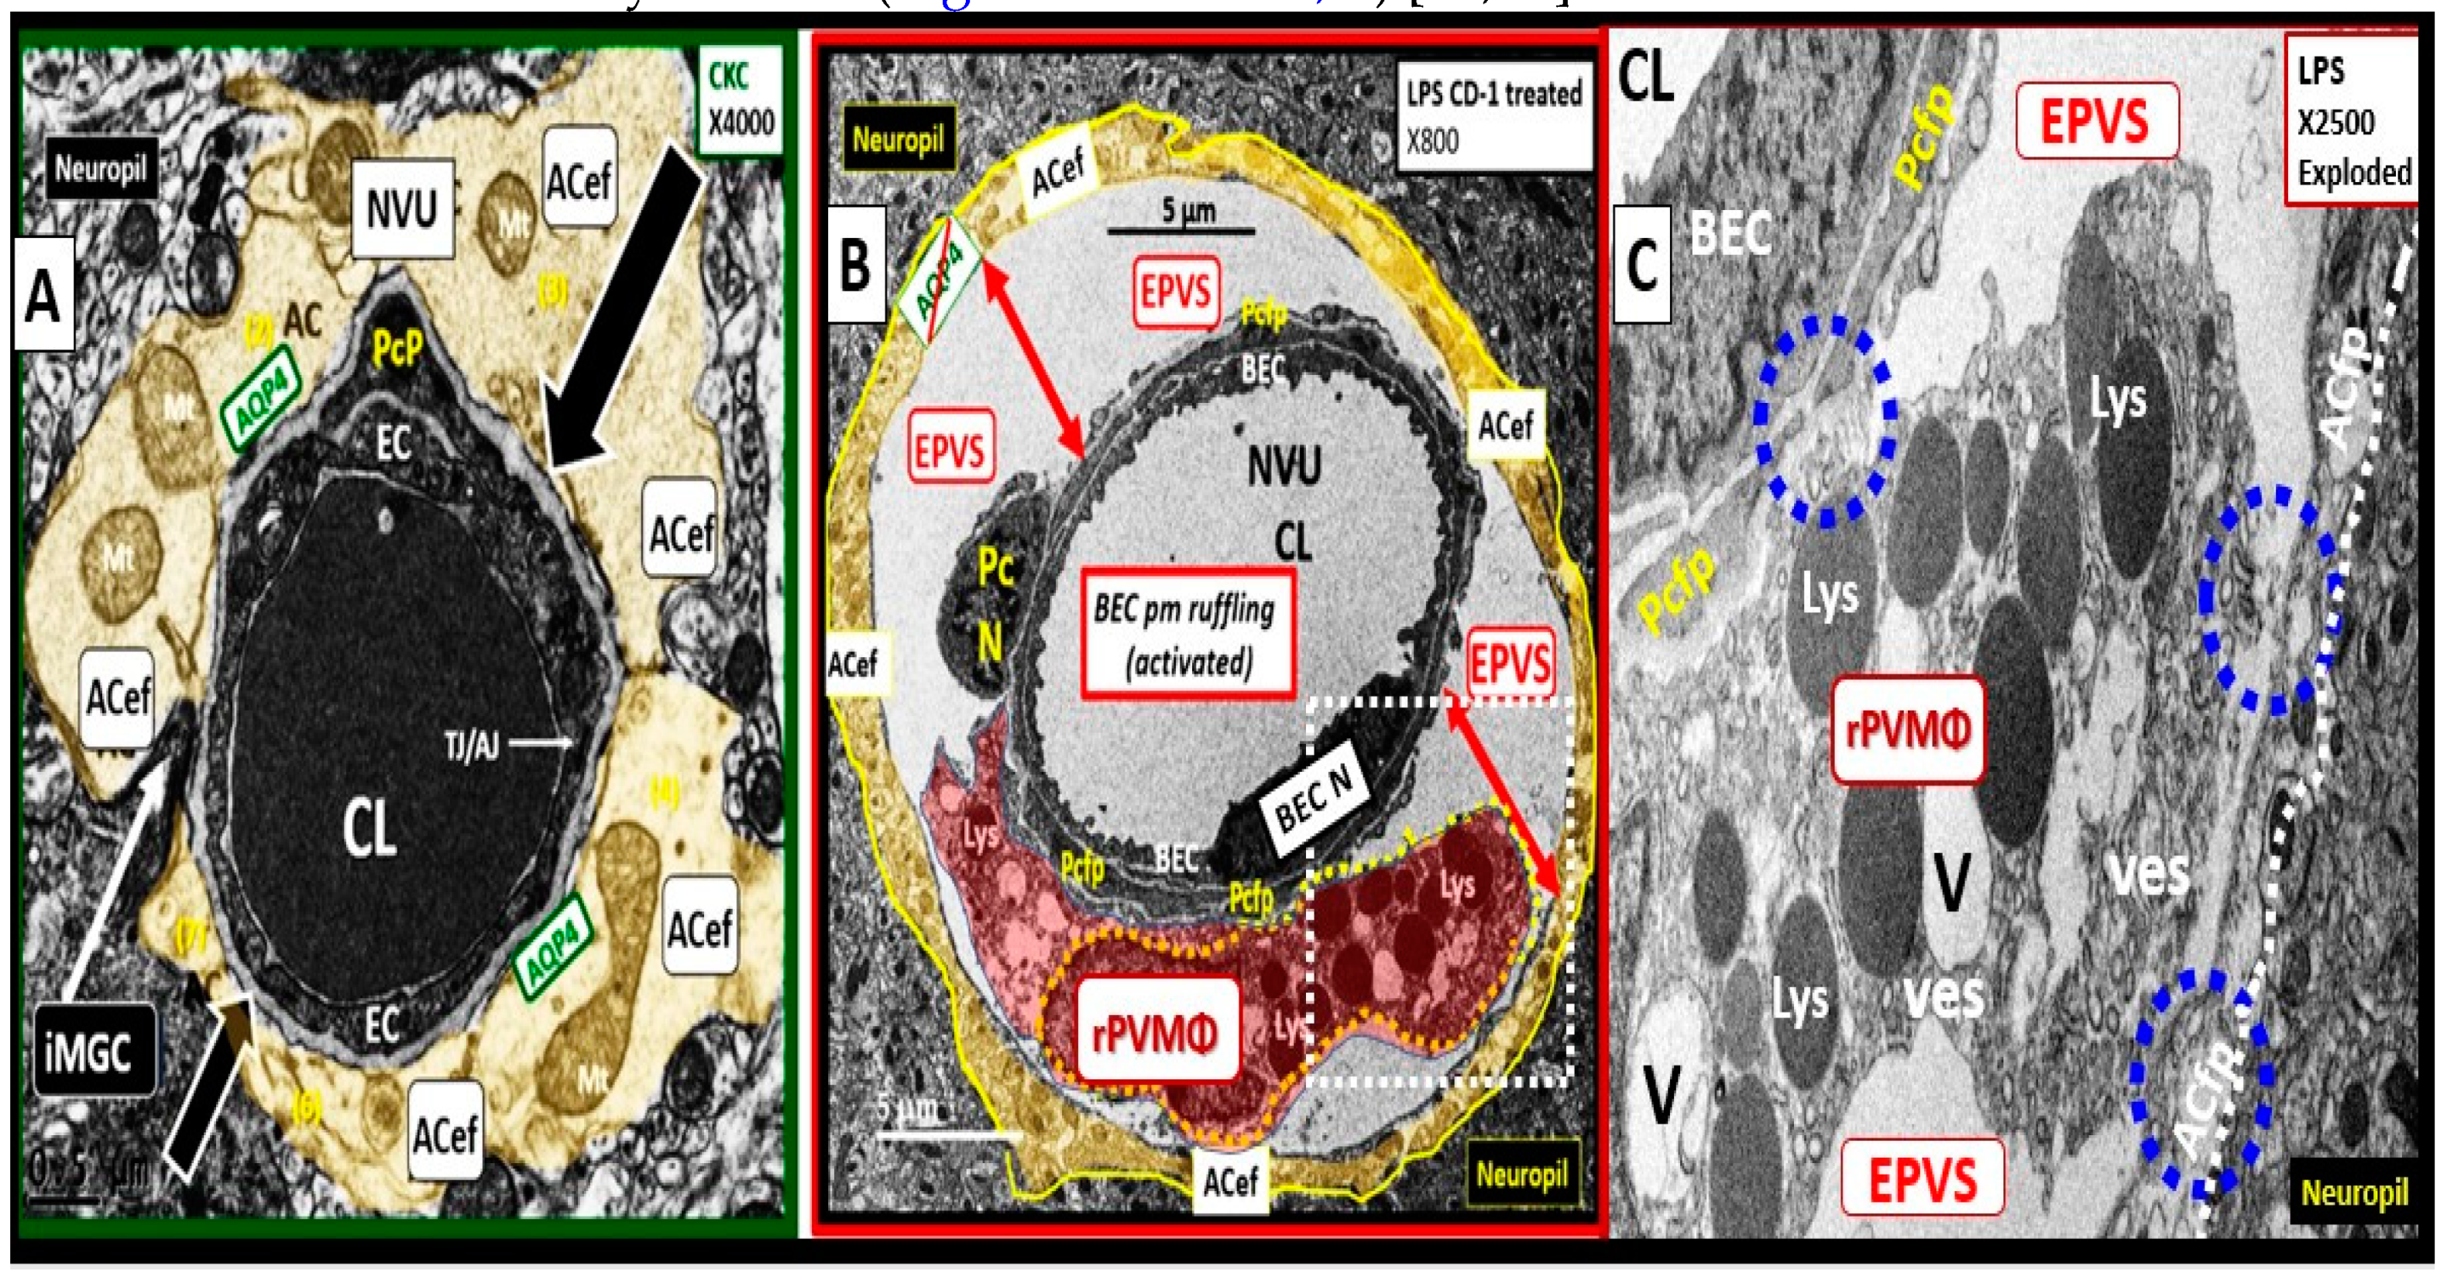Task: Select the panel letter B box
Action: [855, 263]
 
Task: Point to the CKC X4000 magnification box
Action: [740, 100]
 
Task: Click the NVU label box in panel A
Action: [402, 208]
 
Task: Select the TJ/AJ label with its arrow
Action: [508, 746]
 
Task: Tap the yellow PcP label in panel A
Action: [397, 349]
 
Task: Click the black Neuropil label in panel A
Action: [100, 170]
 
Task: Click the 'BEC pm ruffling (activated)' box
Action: [1187, 634]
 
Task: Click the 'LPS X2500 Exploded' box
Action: [2352, 121]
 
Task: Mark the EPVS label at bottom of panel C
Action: [1923, 1178]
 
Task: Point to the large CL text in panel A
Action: [370, 828]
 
